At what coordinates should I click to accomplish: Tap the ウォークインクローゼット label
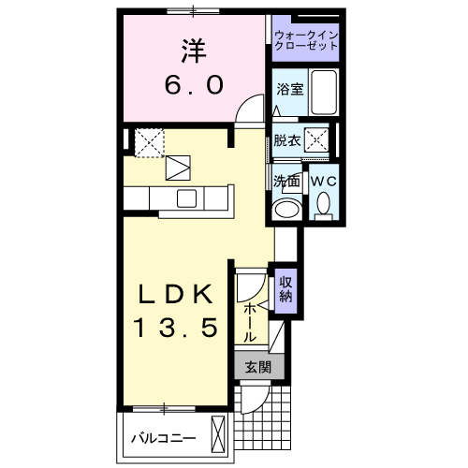pos(307,40)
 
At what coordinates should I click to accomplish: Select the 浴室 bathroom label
pos(289,91)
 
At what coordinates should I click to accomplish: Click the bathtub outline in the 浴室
pos(325,93)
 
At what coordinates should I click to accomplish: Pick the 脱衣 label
pos(286,140)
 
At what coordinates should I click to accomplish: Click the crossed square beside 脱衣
pos(318,140)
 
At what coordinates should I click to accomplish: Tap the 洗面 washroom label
pos(286,180)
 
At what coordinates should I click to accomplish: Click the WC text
pos(324,180)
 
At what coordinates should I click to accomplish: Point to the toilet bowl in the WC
pos(324,203)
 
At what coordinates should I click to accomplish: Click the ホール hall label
pos(250,320)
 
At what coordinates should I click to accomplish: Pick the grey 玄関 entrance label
pos(257,368)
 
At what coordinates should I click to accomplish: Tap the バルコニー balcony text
pos(163,437)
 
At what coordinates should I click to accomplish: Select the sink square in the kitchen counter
pos(186,197)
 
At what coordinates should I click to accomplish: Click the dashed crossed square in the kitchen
pos(149,142)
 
